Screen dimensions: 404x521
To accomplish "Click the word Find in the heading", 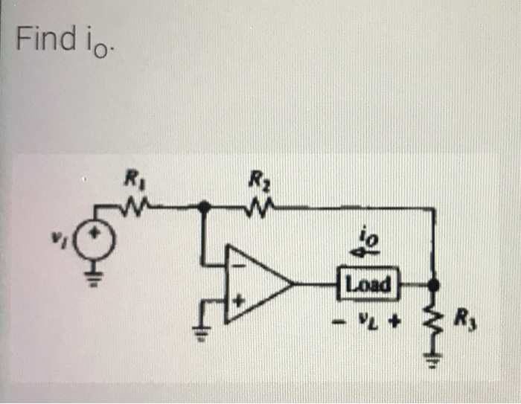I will pyautogui.click(x=43, y=39).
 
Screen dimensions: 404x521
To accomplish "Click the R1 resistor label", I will pyautogui.click(x=132, y=178).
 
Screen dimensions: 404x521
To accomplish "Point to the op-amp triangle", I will pyautogui.click(x=257, y=283).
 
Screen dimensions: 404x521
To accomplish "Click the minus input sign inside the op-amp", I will pyautogui.click(x=240, y=262).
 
